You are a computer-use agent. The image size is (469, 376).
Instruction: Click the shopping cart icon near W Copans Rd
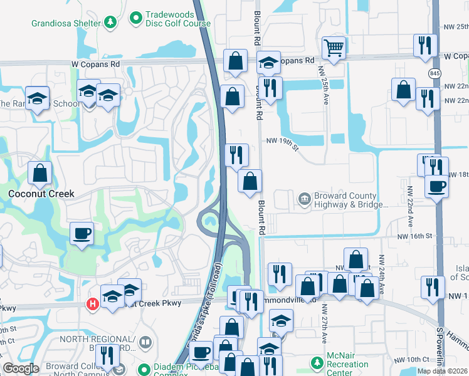[x=334, y=48]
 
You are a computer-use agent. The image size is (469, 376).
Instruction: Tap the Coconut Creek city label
[x=41, y=194]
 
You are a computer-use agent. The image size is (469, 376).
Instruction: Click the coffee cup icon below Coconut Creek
[x=82, y=234]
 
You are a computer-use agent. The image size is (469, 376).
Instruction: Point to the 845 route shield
[x=435, y=73]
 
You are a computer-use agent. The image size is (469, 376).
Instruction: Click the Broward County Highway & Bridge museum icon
[x=305, y=199]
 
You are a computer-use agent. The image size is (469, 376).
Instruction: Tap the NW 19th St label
[x=283, y=142]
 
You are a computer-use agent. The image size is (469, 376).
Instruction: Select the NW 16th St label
[x=416, y=236]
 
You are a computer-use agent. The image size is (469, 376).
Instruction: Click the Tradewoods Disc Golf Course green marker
[x=135, y=18]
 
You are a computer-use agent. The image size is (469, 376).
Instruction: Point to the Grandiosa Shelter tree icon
[x=110, y=23]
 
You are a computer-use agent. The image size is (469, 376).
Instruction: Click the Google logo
[x=21, y=368]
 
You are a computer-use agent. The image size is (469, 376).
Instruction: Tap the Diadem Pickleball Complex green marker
[x=144, y=368]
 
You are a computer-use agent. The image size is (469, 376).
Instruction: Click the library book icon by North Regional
[x=145, y=342]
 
